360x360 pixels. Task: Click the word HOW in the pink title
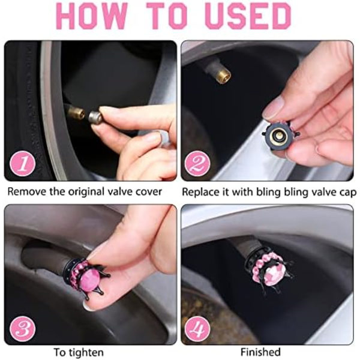(92, 16)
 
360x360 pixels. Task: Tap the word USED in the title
(248, 16)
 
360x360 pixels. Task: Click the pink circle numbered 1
(23, 163)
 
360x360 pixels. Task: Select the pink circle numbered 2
(197, 163)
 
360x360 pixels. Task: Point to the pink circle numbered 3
(23, 329)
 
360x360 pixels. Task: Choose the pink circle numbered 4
(197, 329)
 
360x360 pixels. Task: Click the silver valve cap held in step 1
(95, 117)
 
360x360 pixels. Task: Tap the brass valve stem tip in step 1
(77, 112)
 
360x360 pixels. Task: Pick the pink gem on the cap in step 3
(91, 280)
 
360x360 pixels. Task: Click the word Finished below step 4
(260, 352)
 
